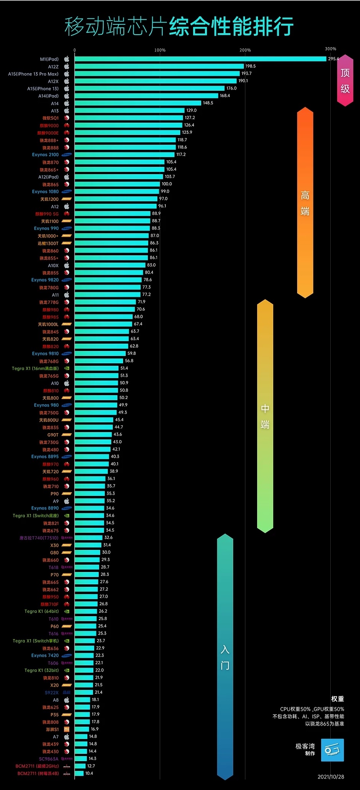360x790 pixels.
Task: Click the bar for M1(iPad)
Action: tap(200, 59)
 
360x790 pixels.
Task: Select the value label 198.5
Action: tap(250, 66)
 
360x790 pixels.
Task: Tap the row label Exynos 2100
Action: tap(45, 155)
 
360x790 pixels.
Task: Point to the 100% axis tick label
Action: tap(160, 50)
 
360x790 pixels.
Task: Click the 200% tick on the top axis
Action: tap(245, 50)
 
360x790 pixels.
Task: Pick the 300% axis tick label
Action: tap(331, 49)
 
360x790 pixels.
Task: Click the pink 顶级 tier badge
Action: tap(345, 80)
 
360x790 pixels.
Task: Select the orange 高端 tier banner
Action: tap(305, 202)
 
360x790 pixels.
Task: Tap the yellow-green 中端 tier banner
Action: tap(265, 416)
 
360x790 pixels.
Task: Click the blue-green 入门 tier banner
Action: tap(225, 657)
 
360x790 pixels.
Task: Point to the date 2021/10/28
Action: tap(331, 777)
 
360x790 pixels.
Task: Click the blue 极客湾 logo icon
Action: tap(332, 750)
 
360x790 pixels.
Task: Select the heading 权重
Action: tap(338, 699)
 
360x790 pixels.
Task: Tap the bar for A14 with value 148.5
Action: tap(138, 103)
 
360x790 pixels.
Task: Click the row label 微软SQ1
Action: tap(50, 118)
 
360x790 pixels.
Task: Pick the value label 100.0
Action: tap(167, 184)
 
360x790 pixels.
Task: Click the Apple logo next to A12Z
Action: tap(67, 67)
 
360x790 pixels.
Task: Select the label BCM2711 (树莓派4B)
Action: tap(38, 774)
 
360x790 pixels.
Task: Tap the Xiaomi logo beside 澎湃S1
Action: tap(67, 729)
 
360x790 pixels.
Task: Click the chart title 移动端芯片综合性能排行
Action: tap(179, 27)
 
